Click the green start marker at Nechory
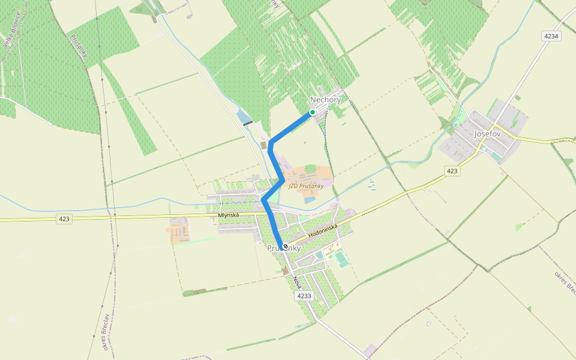click(313, 112)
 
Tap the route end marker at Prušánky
click(284, 246)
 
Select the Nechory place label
click(325, 100)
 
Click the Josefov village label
click(487, 134)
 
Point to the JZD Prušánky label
click(306, 186)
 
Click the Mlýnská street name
click(229, 215)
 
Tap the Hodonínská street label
click(323, 230)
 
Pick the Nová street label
click(296, 281)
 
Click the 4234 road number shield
click(551, 37)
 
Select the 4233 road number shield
click(304, 296)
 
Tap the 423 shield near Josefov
click(452, 172)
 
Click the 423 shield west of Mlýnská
click(64, 219)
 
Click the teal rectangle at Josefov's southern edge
click(496, 157)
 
